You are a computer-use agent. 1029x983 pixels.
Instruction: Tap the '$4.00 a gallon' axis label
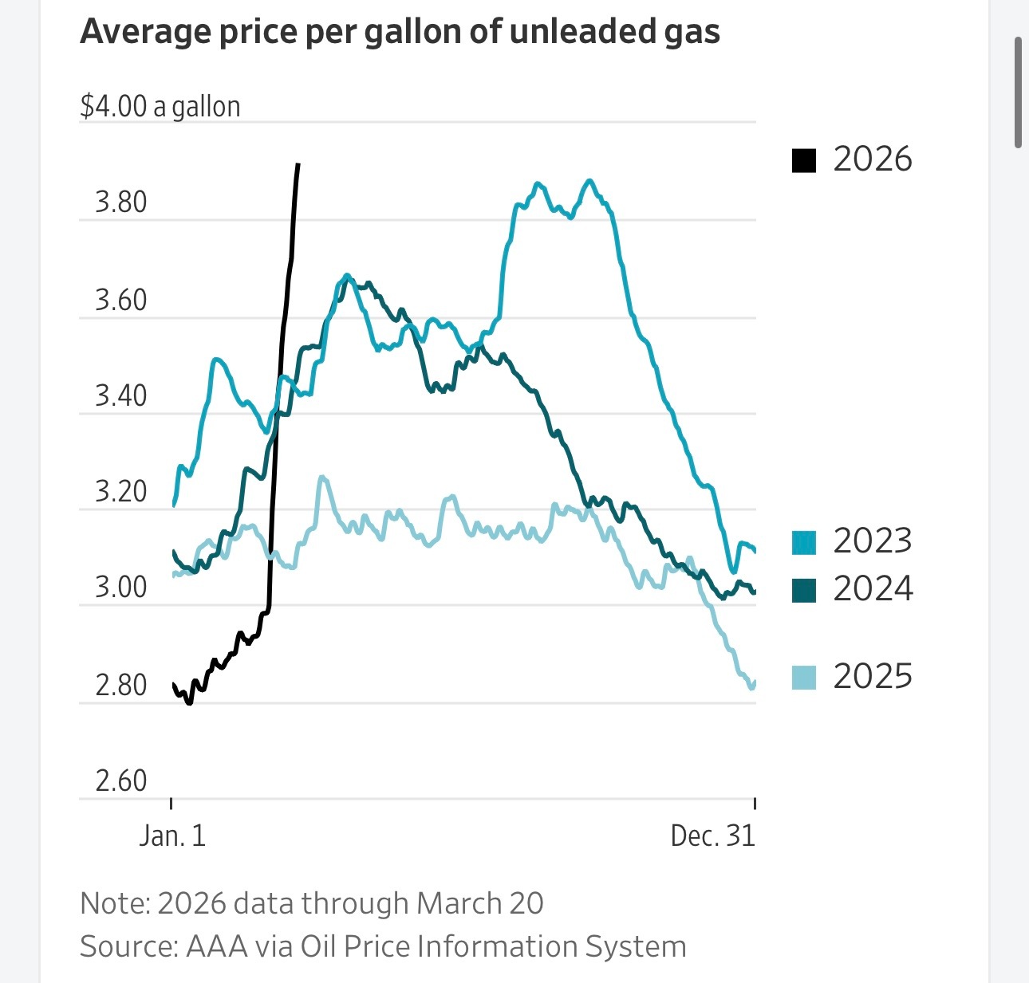point(160,106)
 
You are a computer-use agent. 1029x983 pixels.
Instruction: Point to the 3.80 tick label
point(121,202)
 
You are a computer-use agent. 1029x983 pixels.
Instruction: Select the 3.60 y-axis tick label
point(121,301)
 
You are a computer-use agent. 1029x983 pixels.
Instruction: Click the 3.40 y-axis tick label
point(121,395)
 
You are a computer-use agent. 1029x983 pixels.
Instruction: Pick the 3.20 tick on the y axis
point(121,491)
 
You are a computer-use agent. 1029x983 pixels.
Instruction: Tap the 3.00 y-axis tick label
point(121,588)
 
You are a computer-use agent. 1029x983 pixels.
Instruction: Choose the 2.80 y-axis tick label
point(121,685)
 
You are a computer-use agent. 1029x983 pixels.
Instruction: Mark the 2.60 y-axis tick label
point(121,781)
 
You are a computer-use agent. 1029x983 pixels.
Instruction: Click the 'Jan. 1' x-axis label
point(172,836)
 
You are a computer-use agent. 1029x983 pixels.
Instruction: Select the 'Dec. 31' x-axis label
point(712,836)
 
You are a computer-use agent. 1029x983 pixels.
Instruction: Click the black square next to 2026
point(804,160)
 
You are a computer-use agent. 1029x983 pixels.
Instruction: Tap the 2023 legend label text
point(873,541)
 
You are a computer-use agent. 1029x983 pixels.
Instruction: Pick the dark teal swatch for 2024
point(804,590)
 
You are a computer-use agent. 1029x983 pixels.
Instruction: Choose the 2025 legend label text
point(873,677)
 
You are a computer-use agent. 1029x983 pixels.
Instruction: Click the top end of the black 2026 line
point(298,165)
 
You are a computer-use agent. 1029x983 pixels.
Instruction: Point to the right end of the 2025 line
point(754,683)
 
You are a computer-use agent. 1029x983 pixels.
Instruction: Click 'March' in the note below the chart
point(459,903)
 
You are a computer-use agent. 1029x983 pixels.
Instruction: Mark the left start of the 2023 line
point(175,504)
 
